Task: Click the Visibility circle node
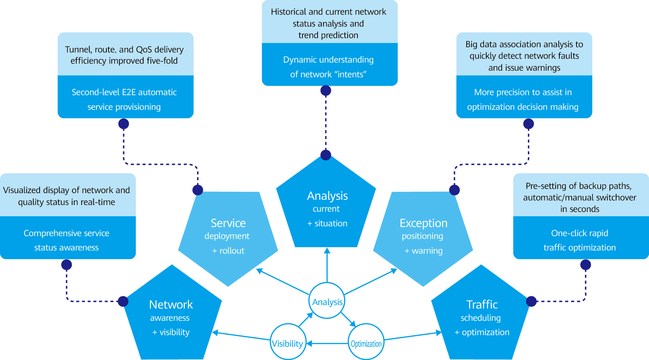pos(288,342)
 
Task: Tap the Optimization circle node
pos(366,342)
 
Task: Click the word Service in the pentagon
pos(228,223)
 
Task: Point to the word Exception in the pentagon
pos(424,223)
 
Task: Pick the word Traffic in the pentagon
pos(482,305)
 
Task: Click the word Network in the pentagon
pos(171,305)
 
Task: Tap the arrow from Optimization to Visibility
pos(327,344)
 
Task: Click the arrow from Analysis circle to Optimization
pos(348,319)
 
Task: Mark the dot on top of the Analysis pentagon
pos(326,155)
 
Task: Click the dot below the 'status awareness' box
pos(67,265)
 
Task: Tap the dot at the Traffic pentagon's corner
pos(531,301)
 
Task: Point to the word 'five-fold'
pos(162,61)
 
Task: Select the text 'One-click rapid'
pos(580,233)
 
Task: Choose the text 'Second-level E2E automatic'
pos(124,92)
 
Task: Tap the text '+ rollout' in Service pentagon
pos(228,251)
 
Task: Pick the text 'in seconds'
pos(580,209)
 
